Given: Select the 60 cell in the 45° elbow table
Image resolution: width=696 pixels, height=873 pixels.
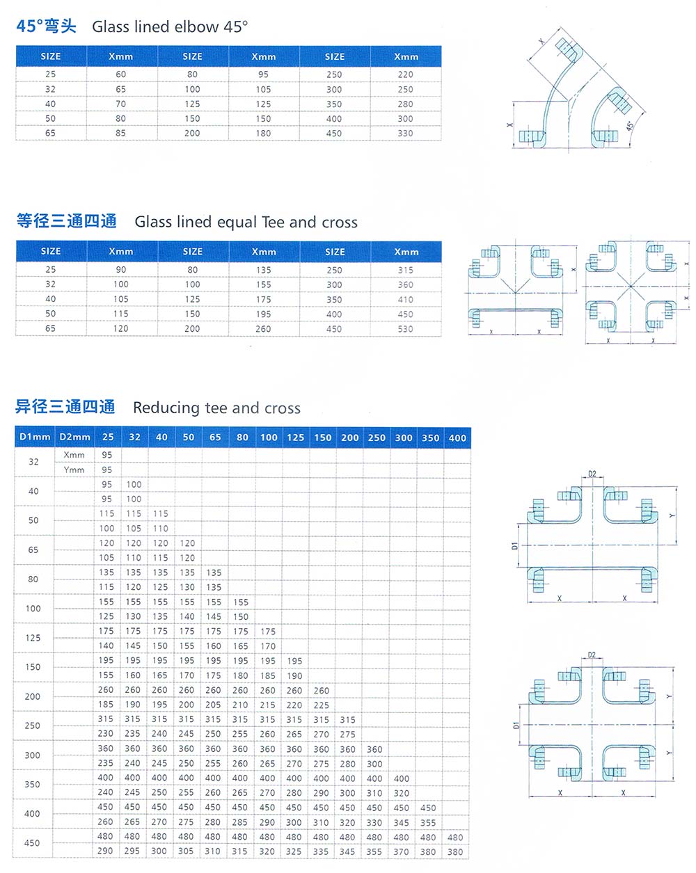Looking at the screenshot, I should pyautogui.click(x=121, y=74).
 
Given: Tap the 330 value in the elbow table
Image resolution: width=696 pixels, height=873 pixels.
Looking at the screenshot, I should pyautogui.click(x=405, y=134).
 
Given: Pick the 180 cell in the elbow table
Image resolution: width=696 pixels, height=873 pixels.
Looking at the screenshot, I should pyautogui.click(x=263, y=134).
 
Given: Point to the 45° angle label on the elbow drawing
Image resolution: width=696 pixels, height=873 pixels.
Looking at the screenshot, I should pyautogui.click(x=629, y=126).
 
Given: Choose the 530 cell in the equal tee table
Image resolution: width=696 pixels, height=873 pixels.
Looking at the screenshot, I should pyautogui.click(x=405, y=329).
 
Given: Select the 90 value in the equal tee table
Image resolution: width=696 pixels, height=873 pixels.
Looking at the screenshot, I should pyautogui.click(x=121, y=270).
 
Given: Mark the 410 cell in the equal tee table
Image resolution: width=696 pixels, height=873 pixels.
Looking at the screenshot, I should pyautogui.click(x=405, y=300).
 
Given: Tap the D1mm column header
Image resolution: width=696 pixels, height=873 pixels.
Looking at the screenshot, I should pyautogui.click(x=35, y=438).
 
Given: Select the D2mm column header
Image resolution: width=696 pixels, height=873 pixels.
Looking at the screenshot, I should pyautogui.click(x=75, y=438).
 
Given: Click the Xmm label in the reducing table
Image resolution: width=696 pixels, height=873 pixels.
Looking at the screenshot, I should pyautogui.click(x=74, y=455).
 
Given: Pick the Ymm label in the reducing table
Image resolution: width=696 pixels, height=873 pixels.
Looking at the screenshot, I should pyautogui.click(x=74, y=470).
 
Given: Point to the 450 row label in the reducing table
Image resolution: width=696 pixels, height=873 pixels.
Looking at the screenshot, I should pyautogui.click(x=32, y=843).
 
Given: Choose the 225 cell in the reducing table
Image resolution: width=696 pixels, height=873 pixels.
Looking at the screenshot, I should pyautogui.click(x=321, y=705).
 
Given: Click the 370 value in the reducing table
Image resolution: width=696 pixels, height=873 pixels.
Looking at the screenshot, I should pyautogui.click(x=402, y=851).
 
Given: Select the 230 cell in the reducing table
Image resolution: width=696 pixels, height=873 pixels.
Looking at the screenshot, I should pyautogui.click(x=106, y=734).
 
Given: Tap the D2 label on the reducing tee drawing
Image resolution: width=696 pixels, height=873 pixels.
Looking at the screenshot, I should pyautogui.click(x=592, y=474).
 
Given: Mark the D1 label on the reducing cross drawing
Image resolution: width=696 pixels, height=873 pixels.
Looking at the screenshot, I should pyautogui.click(x=516, y=725).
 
